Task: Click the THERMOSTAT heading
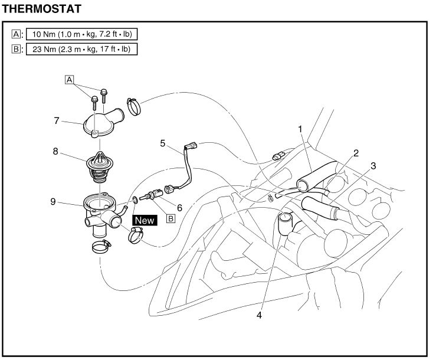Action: pos(41,9)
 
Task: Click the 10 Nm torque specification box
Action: pos(82,34)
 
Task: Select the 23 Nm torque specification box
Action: pos(82,49)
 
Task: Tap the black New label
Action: pos(145,220)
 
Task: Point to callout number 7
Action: pos(57,120)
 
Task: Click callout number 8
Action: pos(55,151)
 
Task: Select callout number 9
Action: pos(53,201)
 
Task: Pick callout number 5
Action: pos(163,143)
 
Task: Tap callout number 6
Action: pos(179,208)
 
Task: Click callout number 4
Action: pos(259,315)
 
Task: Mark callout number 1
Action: pos(300,129)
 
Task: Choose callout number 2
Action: pos(356,153)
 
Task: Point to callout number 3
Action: pos(373,166)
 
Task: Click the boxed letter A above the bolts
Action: pos(69,80)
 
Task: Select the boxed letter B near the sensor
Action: pos(171,218)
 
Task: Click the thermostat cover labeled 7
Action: pos(102,123)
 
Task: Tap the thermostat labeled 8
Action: pos(100,166)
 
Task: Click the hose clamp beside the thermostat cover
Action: pos(134,107)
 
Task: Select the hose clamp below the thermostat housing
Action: pos(101,247)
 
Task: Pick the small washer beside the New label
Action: pos(135,199)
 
